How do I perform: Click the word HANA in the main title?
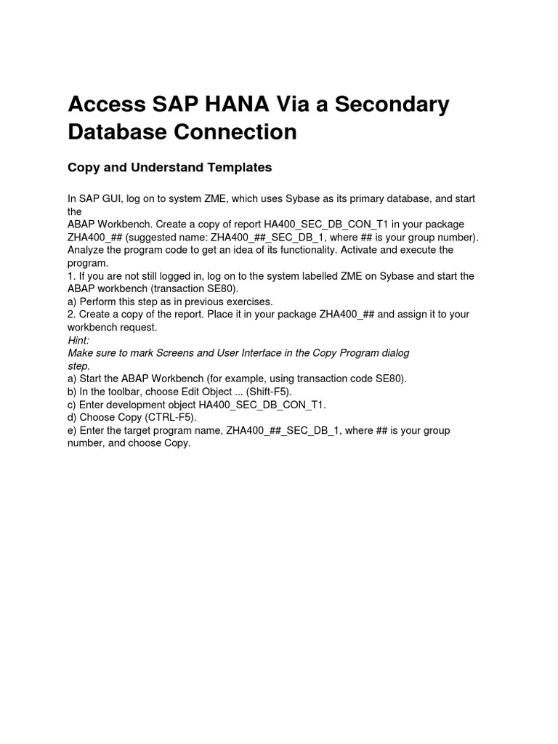212,105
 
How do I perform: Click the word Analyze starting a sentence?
88,250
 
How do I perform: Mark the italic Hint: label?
78,340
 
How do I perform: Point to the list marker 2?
71,315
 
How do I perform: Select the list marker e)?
72,431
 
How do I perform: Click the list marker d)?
72,418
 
